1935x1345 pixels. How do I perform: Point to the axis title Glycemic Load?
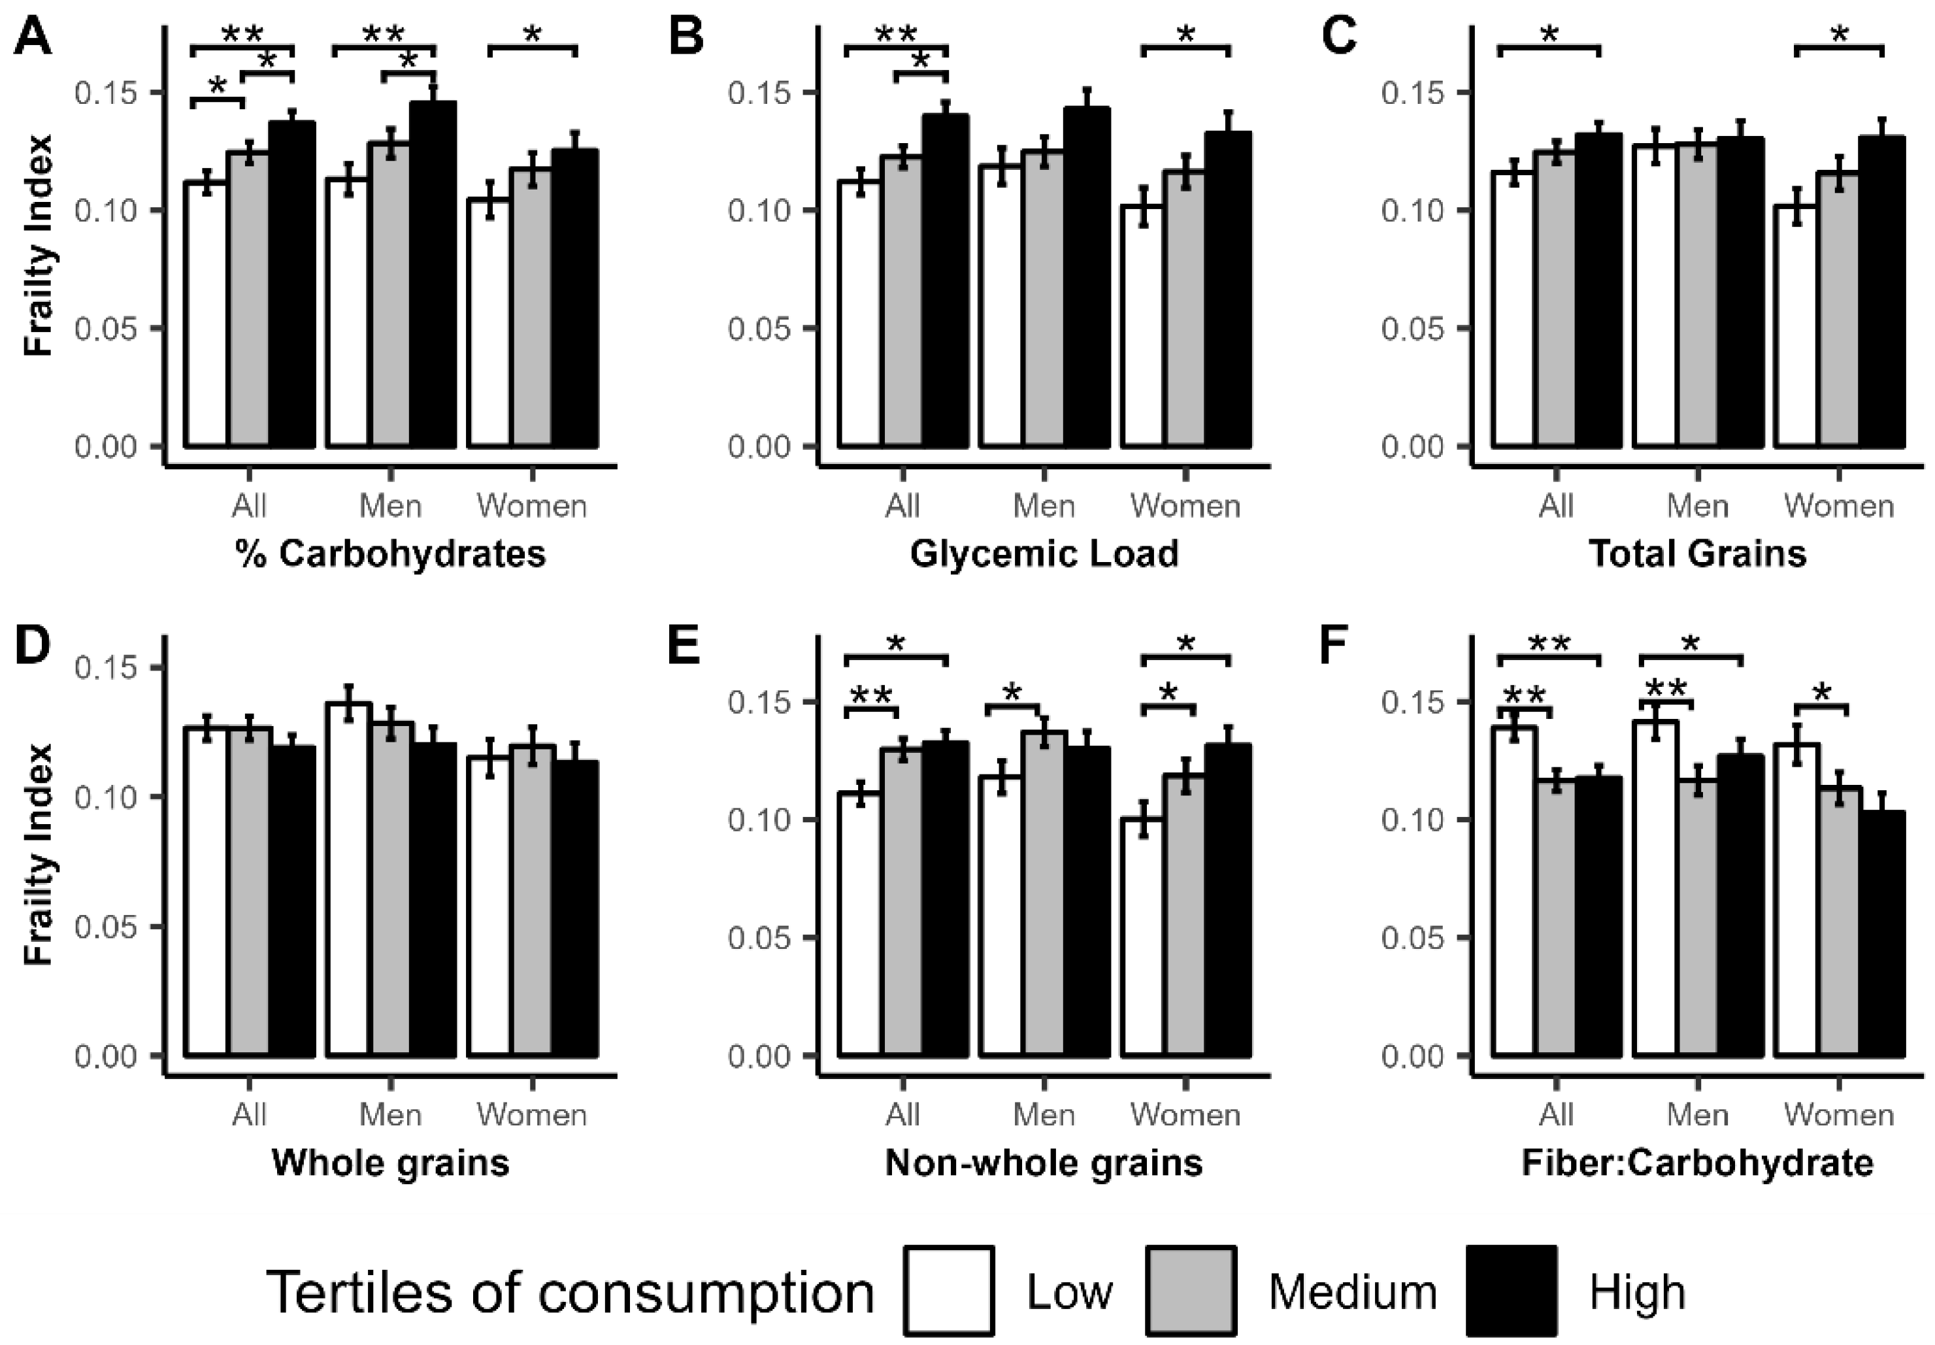[1044, 554]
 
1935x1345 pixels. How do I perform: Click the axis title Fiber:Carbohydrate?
[1696, 1163]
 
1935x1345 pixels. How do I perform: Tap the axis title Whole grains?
[391, 1163]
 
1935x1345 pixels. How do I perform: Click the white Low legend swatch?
[950, 1291]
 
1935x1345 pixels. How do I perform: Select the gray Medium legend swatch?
[1191, 1291]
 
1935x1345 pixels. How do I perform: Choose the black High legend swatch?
[1512, 1291]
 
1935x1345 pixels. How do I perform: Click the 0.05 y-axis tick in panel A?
[107, 328]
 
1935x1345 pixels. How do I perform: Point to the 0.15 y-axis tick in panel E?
[760, 702]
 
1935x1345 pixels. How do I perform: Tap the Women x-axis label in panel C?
[1838, 506]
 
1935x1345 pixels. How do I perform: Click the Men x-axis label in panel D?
[390, 1114]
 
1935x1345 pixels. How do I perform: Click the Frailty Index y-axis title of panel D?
[39, 853]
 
